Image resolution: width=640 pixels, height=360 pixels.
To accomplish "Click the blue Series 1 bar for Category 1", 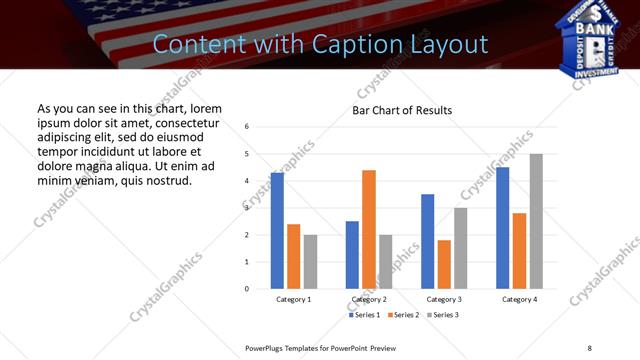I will tap(277, 231).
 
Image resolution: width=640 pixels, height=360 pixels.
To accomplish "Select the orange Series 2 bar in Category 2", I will tap(369, 229).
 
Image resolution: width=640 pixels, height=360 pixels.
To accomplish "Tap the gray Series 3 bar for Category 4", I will tap(536, 221).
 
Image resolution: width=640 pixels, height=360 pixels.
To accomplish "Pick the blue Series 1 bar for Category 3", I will tap(428, 241).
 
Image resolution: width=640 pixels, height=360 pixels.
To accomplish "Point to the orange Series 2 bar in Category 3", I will tap(444, 264).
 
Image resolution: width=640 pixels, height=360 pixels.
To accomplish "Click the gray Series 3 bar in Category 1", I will tap(311, 262).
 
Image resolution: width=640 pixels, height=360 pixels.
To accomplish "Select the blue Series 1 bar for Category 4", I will tap(503, 228).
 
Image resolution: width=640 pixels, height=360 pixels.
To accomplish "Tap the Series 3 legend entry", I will tap(446, 314).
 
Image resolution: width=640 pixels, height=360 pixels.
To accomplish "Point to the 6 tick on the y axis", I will tap(247, 127).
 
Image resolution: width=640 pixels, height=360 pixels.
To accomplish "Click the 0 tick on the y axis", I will tap(247, 289).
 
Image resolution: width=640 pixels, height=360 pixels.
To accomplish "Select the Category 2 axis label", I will tap(369, 299).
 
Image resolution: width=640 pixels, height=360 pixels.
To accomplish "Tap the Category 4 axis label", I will tap(519, 299).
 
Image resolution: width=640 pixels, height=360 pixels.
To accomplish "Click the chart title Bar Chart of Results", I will tap(402, 110).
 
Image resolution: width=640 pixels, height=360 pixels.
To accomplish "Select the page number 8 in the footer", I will tap(590, 347).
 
